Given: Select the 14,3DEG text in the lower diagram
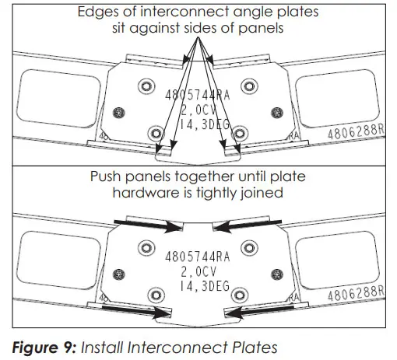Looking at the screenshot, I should (197, 286).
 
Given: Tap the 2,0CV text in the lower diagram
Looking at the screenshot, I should (195, 271).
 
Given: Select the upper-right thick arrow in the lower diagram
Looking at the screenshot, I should (244, 226).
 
